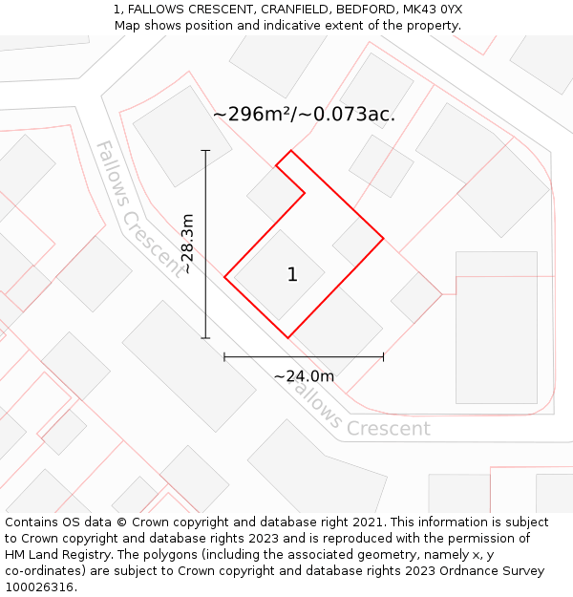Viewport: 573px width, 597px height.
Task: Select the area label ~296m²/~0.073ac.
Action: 304,115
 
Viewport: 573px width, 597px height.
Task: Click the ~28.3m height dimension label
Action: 188,244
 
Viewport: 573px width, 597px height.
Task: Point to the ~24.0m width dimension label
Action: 304,376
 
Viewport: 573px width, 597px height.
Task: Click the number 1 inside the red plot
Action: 292,275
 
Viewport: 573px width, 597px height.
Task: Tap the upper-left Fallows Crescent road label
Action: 138,207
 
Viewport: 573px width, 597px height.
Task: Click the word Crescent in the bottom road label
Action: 388,428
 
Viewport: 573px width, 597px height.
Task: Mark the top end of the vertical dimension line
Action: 205,150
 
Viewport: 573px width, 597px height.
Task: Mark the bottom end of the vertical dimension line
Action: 205,337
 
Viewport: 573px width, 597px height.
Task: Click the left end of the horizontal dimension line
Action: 224,357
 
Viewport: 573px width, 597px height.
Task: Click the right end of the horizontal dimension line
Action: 383,357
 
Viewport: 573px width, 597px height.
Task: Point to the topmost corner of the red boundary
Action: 291,150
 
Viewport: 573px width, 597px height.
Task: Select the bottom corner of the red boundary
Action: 287,337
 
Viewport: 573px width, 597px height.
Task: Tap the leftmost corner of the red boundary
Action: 224,277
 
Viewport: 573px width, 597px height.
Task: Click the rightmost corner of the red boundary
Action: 383,238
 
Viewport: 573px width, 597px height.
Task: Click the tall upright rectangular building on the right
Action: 497,327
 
